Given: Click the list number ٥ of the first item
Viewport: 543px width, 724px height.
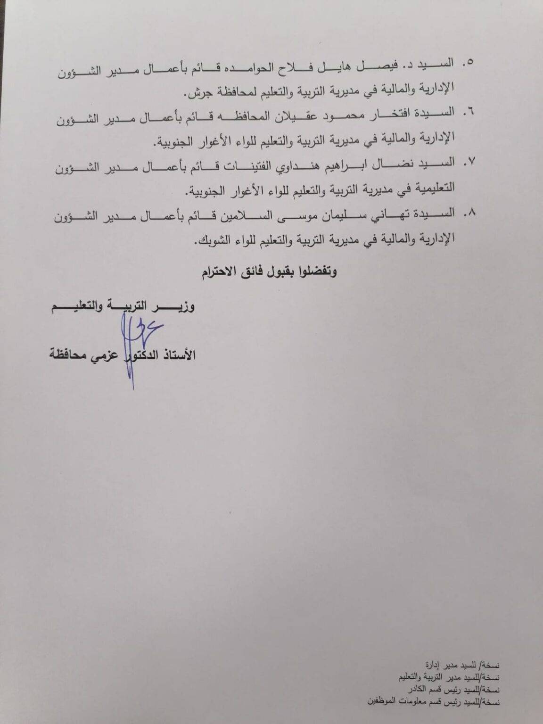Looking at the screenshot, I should coord(469,63).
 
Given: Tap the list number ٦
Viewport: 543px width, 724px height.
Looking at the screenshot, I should coord(469,113).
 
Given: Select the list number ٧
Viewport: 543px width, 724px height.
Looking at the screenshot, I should coord(469,163).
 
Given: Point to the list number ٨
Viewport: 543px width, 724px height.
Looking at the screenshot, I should coord(469,213).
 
